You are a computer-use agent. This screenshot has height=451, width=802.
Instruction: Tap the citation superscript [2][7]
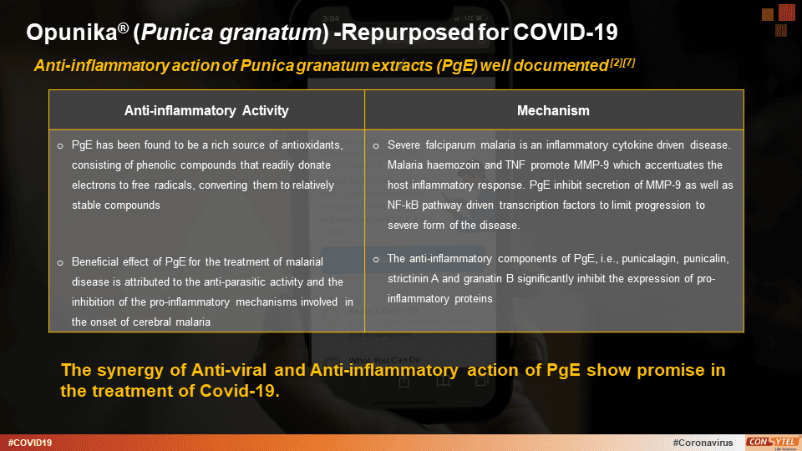click(x=621, y=62)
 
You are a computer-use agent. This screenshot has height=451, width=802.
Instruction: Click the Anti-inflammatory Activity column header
click(x=206, y=110)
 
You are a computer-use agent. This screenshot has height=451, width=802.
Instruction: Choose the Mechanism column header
click(x=553, y=110)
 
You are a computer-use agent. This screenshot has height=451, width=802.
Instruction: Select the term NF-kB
click(x=404, y=205)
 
